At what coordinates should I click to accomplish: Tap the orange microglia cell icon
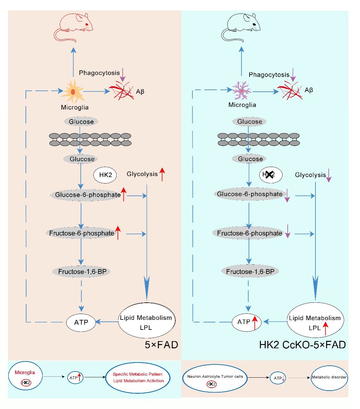point(73,92)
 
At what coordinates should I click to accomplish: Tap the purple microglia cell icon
point(241,91)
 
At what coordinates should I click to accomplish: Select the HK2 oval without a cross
point(105,175)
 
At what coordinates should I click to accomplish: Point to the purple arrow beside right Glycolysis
point(329,175)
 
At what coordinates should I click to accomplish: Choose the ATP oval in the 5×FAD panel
point(81,322)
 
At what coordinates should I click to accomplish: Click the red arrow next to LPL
point(325,328)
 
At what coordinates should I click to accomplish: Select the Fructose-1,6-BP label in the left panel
point(82,272)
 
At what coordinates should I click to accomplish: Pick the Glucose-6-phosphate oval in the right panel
point(250,194)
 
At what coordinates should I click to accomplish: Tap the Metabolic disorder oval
point(329,377)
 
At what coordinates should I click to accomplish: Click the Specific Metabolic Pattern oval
point(138,377)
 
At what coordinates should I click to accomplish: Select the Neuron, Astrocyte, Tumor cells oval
point(215,378)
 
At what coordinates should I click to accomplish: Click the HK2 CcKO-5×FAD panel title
point(302,345)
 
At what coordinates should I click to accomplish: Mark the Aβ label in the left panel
point(140,92)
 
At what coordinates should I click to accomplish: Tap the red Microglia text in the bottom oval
point(25,372)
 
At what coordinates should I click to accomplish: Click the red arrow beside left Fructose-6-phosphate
point(118,233)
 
